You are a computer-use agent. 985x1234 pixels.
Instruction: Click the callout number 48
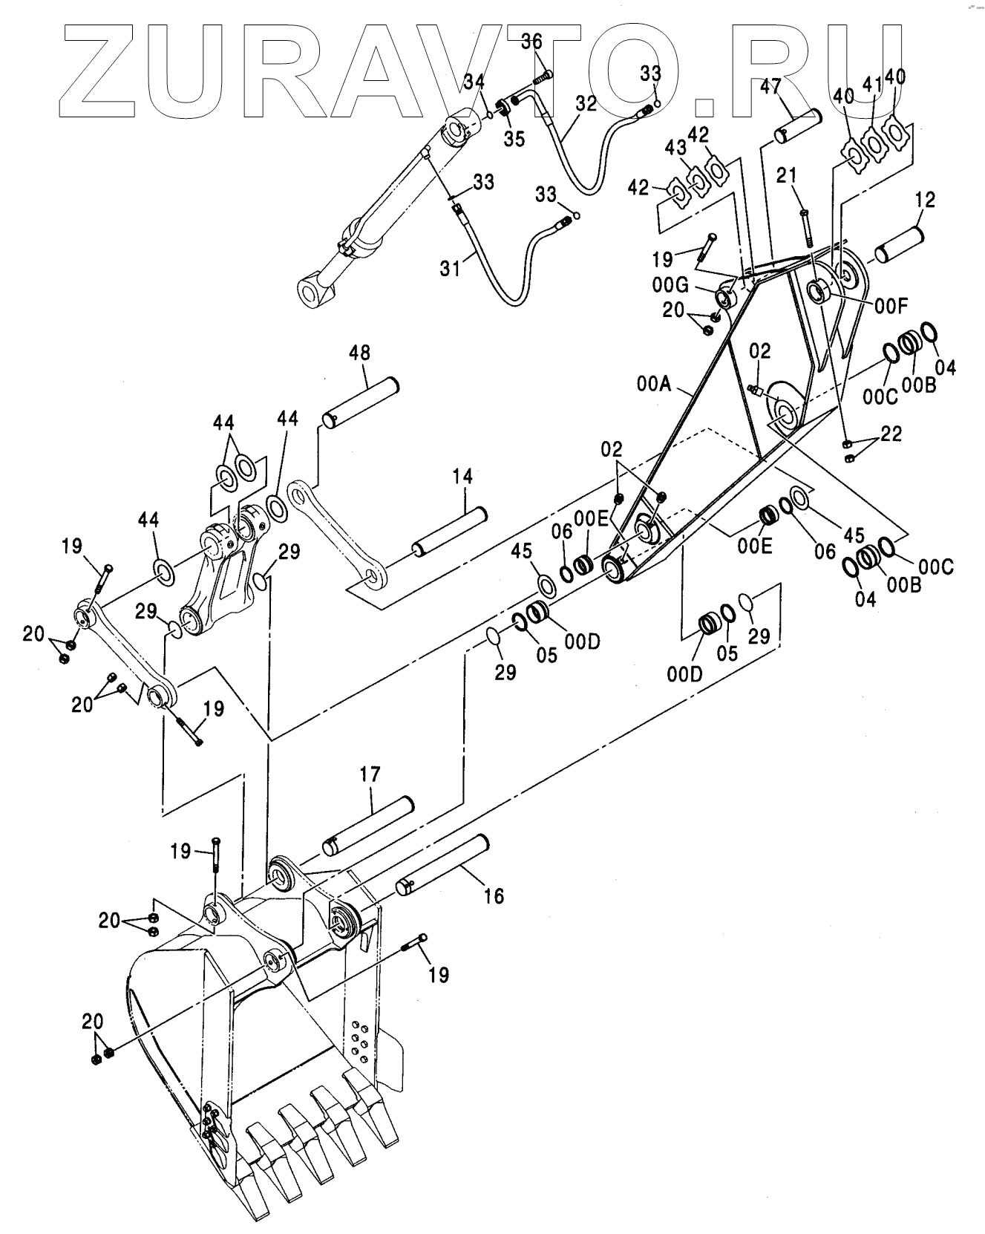click(360, 352)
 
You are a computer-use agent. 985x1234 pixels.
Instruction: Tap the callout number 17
click(370, 775)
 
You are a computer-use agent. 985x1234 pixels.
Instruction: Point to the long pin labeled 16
click(443, 863)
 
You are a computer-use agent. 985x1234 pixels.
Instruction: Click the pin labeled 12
click(899, 244)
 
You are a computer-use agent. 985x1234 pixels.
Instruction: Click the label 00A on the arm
click(654, 384)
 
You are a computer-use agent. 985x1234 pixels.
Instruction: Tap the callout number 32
click(586, 103)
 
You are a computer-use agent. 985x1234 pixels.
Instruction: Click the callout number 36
click(531, 42)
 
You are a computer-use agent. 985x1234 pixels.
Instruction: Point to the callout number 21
click(788, 175)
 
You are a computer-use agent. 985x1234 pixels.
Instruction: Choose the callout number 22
click(891, 434)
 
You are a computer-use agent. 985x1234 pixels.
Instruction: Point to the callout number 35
click(514, 140)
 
